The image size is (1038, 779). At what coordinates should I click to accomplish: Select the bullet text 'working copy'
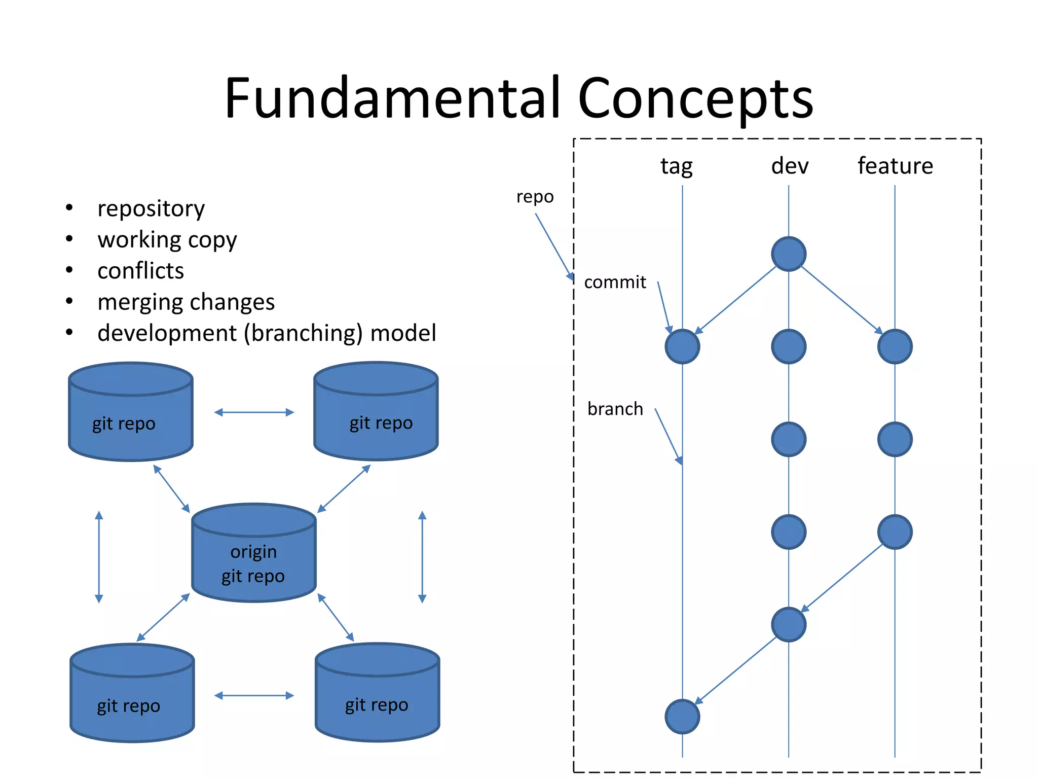click(x=167, y=240)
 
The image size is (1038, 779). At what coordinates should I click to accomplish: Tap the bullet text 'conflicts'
click(x=140, y=271)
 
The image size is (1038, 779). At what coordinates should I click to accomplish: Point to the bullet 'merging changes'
click(x=186, y=302)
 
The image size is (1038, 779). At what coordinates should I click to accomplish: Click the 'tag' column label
click(x=676, y=166)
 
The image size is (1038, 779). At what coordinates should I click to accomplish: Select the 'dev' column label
click(x=789, y=166)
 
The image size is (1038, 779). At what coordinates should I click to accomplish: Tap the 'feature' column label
click(x=895, y=166)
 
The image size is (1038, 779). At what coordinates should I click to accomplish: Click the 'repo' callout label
click(x=535, y=197)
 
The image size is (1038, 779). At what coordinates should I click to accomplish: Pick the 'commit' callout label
click(x=615, y=282)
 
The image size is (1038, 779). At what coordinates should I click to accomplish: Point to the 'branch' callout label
click(x=615, y=409)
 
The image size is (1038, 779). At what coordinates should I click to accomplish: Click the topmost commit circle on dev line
click(x=789, y=254)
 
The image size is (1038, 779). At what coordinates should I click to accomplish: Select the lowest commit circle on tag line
click(x=682, y=717)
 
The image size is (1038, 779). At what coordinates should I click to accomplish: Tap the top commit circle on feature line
click(x=895, y=346)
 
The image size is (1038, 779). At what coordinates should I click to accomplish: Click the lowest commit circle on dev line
click(x=789, y=624)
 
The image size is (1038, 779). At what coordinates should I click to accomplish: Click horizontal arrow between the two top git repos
click(x=254, y=412)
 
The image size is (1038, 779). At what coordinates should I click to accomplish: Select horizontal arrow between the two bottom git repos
click(x=254, y=695)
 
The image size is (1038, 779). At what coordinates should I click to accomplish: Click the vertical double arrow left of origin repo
click(x=99, y=556)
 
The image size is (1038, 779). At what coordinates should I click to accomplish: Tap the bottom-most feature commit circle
click(x=895, y=532)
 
